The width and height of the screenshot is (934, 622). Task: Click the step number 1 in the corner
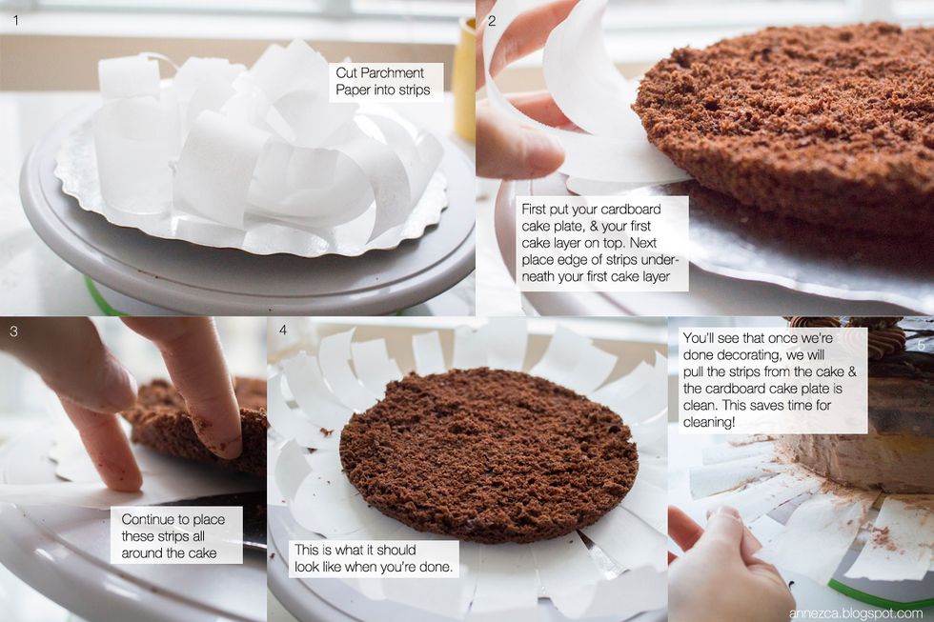point(16,20)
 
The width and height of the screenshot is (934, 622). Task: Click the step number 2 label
point(492,21)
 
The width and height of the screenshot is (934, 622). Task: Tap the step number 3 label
point(13,331)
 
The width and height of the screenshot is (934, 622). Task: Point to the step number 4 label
point(283,330)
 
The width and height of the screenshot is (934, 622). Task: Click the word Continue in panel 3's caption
point(147,520)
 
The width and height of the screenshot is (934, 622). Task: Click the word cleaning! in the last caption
point(709,422)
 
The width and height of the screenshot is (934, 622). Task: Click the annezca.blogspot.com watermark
point(856,613)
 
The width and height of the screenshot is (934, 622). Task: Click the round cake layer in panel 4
point(488,456)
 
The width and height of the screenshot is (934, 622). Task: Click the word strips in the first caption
point(413,90)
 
